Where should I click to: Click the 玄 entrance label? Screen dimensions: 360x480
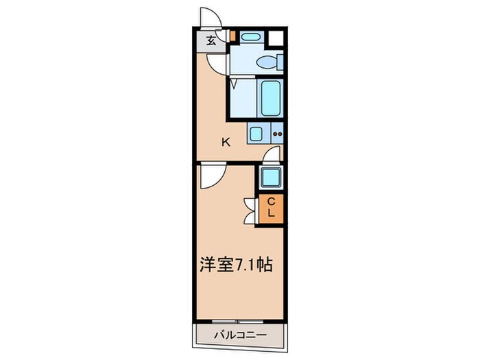211,40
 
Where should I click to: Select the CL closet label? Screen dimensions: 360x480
272,207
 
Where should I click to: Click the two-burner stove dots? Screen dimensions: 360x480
278,133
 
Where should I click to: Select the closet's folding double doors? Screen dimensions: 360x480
251,208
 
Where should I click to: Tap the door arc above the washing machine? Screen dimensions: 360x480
273,155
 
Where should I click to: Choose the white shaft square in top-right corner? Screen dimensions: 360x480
277,38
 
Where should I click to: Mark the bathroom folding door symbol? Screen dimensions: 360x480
234,84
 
